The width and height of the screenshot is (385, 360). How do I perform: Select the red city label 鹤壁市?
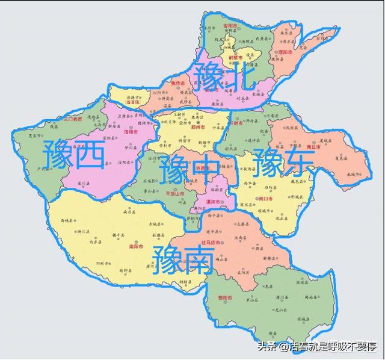tap(236, 57)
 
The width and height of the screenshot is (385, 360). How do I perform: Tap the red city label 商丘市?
tap(313, 146)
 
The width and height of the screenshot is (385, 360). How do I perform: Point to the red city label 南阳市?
tap(136, 246)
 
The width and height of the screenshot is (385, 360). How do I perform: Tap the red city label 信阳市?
tap(224, 298)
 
